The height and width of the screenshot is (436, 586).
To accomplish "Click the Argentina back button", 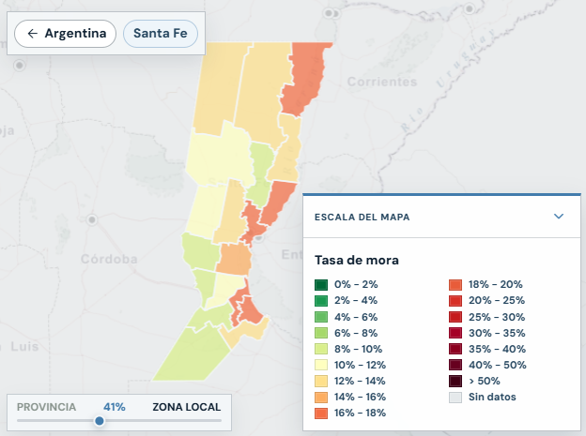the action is pos(65,34).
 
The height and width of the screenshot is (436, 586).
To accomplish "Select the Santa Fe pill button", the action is pos(161,34).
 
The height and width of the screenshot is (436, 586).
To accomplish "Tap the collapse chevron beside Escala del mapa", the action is pos(559,217).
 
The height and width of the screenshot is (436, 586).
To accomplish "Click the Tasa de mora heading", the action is pos(357,260).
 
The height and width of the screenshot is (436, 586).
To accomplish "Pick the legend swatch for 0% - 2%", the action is pos(321,285).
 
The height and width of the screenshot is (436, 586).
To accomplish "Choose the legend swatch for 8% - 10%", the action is pos(321,349).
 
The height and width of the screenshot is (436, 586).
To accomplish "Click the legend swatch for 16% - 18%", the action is pos(321,413).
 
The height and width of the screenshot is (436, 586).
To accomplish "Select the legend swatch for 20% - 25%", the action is pos(455,301).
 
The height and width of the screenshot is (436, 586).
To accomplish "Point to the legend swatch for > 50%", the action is pos(455,381).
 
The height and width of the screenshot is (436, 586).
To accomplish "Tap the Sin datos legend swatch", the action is pos(455,398).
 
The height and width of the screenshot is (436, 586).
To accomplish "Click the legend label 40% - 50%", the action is pos(498,365).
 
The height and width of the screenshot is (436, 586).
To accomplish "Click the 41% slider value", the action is pos(115,407).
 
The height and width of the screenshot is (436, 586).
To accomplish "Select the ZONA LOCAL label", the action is pos(187,407).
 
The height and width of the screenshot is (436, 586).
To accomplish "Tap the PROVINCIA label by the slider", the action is pos(46,407).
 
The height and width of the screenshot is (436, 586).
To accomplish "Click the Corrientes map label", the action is pos(382,82).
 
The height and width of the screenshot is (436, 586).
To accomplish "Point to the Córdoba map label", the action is pos(109,259).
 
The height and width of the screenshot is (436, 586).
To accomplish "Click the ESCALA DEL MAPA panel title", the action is pos(362,217).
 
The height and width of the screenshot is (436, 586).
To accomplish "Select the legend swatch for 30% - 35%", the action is pos(455,333).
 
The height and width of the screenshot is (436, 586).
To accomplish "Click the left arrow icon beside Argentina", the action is pos(33,34).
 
